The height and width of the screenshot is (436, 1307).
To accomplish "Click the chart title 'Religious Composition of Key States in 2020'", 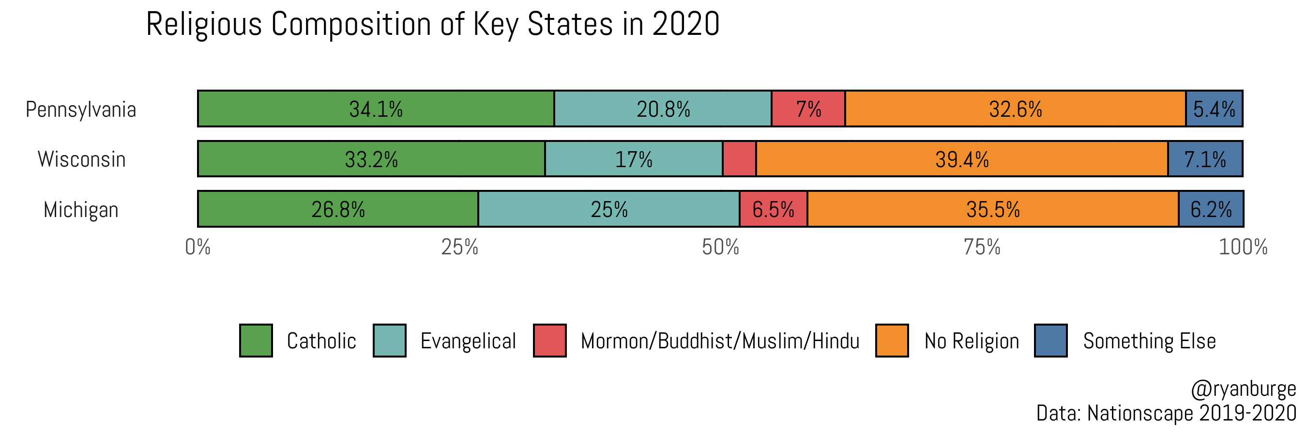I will point(432,24).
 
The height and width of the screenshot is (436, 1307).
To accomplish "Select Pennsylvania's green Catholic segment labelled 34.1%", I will point(376,109).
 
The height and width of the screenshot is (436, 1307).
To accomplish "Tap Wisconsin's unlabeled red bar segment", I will point(739,159).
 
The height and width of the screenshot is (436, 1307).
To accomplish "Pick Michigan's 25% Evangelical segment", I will point(608,209).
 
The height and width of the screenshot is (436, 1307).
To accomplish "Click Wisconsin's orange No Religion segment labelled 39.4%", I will point(961,159).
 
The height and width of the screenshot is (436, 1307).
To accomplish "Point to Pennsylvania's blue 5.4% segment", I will point(1214,109).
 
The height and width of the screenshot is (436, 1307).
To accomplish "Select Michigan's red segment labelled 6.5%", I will point(773,209).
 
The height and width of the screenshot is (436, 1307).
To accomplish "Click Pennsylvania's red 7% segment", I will point(808,109).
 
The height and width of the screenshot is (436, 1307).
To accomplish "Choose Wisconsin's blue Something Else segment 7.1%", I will point(1205,159).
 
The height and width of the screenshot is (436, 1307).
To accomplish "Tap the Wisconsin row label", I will point(81,159).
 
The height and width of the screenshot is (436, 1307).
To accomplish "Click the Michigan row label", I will point(81,210).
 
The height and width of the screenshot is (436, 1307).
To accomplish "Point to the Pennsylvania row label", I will point(81,109).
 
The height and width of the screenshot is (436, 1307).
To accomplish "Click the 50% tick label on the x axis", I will point(720,247).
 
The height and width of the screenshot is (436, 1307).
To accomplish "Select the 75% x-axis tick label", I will point(982,247).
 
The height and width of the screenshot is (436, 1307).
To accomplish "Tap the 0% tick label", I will point(198,247).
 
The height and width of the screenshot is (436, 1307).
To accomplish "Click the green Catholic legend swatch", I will point(256,341).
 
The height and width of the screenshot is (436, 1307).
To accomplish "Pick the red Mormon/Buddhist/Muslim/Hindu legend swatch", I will point(549,341).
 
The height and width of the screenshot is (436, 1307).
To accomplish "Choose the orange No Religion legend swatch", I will point(892,341).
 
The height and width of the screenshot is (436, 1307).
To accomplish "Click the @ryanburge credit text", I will point(1243,389).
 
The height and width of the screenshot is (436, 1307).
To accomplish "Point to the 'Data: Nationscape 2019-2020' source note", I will point(1166,413).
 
